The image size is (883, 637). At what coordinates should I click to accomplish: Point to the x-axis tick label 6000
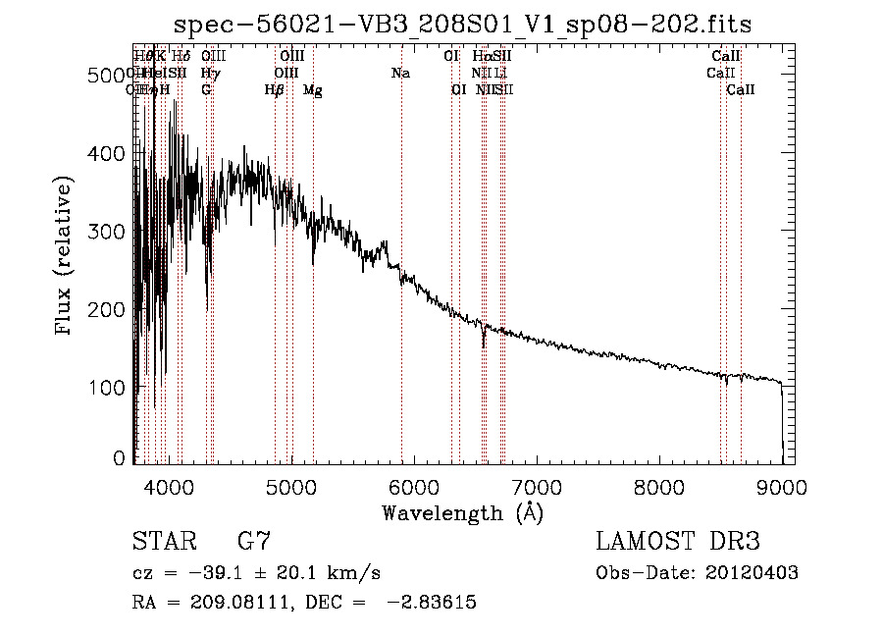(414, 486)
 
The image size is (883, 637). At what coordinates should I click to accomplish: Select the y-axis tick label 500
(106, 76)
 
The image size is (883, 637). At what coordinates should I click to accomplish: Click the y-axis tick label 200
(106, 309)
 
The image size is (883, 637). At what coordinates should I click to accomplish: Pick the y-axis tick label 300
(106, 232)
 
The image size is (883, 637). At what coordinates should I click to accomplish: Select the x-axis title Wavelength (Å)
(462, 512)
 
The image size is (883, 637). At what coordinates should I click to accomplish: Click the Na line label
(400, 74)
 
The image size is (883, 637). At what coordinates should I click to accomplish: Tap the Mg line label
(313, 90)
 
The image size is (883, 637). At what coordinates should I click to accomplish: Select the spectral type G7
(254, 542)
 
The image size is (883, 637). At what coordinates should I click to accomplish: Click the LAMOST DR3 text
(677, 542)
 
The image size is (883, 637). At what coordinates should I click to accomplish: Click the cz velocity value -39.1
(198, 573)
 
